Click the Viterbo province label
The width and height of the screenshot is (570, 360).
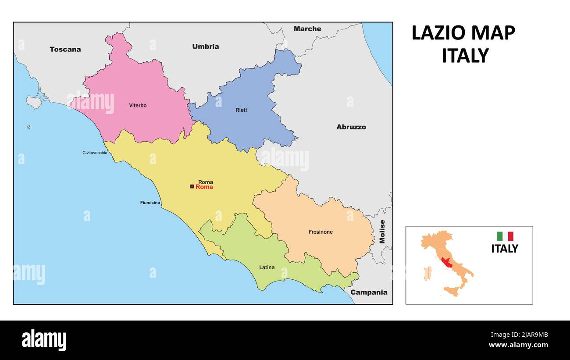pyautogui.click(x=138, y=106)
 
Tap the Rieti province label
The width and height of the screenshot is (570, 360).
pyautogui.click(x=241, y=110)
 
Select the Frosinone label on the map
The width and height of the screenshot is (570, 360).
pyautogui.click(x=321, y=232)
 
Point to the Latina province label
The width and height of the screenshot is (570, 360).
pyautogui.click(x=267, y=267)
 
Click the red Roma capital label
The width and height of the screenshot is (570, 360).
pyautogui.click(x=204, y=187)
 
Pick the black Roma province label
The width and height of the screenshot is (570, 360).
pyautogui.click(x=205, y=182)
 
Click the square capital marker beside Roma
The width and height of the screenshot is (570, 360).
pyautogui.click(x=192, y=187)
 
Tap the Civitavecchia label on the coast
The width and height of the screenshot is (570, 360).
pyautogui.click(x=95, y=153)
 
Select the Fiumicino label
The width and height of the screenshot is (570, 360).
pyautogui.click(x=150, y=203)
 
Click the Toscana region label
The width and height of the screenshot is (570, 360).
pyautogui.click(x=65, y=49)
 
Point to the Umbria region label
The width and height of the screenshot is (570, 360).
pyautogui.click(x=205, y=46)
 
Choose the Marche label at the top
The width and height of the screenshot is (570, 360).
pyautogui.click(x=307, y=29)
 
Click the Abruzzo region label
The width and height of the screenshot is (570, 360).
pyautogui.click(x=351, y=127)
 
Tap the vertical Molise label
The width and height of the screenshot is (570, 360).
pyautogui.click(x=382, y=232)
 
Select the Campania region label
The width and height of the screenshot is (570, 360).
pyautogui.click(x=369, y=292)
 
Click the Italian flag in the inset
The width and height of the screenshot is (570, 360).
pyautogui.click(x=505, y=236)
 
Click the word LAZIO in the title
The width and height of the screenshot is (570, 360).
pyautogui.click(x=438, y=33)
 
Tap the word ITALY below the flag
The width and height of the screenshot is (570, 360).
pyautogui.click(x=504, y=249)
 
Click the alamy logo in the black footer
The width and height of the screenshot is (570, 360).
pyautogui.click(x=44, y=340)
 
